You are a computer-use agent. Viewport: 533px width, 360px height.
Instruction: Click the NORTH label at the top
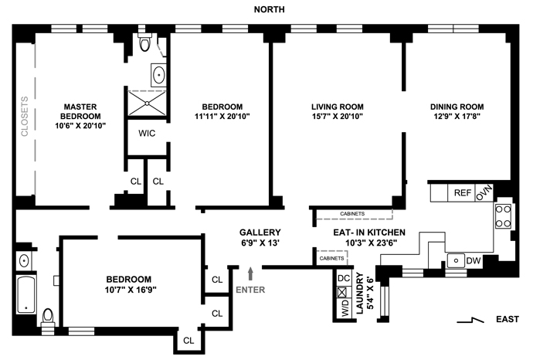(x=270, y=9)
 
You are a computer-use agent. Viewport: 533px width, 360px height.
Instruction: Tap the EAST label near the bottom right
(x=508, y=319)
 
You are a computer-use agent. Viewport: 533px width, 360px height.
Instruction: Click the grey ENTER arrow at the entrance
(x=251, y=273)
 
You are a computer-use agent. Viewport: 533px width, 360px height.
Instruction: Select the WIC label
(x=147, y=133)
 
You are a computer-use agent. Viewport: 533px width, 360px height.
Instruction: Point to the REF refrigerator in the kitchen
(x=462, y=193)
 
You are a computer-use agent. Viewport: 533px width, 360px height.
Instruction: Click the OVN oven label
(x=484, y=193)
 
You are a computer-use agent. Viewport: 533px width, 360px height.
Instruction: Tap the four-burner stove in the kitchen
(x=503, y=216)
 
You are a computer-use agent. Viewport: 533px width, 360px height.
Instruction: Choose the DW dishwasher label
(x=474, y=261)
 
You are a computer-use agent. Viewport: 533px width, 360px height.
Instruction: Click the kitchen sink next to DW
(x=456, y=261)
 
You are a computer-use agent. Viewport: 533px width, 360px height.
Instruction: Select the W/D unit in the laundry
(x=345, y=308)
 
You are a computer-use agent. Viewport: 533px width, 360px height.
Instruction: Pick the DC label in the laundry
(x=344, y=278)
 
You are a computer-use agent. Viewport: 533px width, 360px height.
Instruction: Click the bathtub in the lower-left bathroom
(x=25, y=295)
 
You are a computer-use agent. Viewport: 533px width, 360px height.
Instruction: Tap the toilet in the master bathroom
(x=145, y=42)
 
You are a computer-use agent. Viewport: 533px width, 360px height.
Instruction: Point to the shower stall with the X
(x=147, y=103)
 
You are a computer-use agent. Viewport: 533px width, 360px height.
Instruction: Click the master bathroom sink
(x=159, y=75)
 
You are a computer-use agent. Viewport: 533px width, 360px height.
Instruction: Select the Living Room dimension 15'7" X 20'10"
(x=338, y=116)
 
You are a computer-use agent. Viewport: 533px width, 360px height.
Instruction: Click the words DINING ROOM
(x=457, y=107)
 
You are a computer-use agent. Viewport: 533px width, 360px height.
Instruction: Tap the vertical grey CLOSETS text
(x=25, y=116)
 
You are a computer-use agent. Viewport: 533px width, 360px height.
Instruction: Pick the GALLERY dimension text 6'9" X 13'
(x=260, y=243)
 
